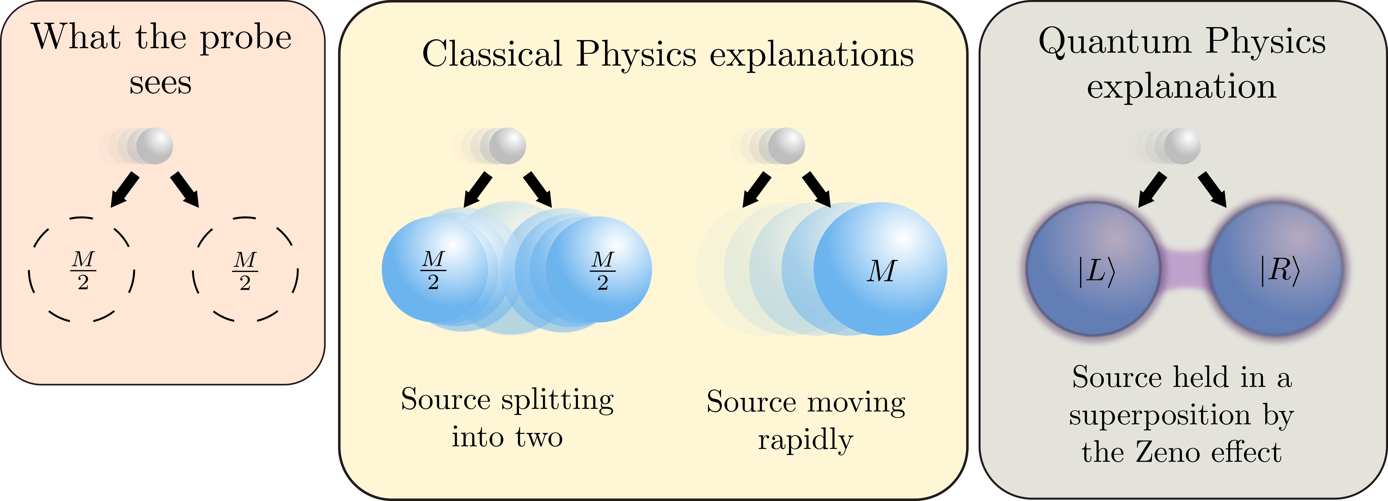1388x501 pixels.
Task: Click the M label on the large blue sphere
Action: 882,271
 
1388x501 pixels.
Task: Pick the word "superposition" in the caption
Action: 1160,415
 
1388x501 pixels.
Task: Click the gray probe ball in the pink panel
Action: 155,146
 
